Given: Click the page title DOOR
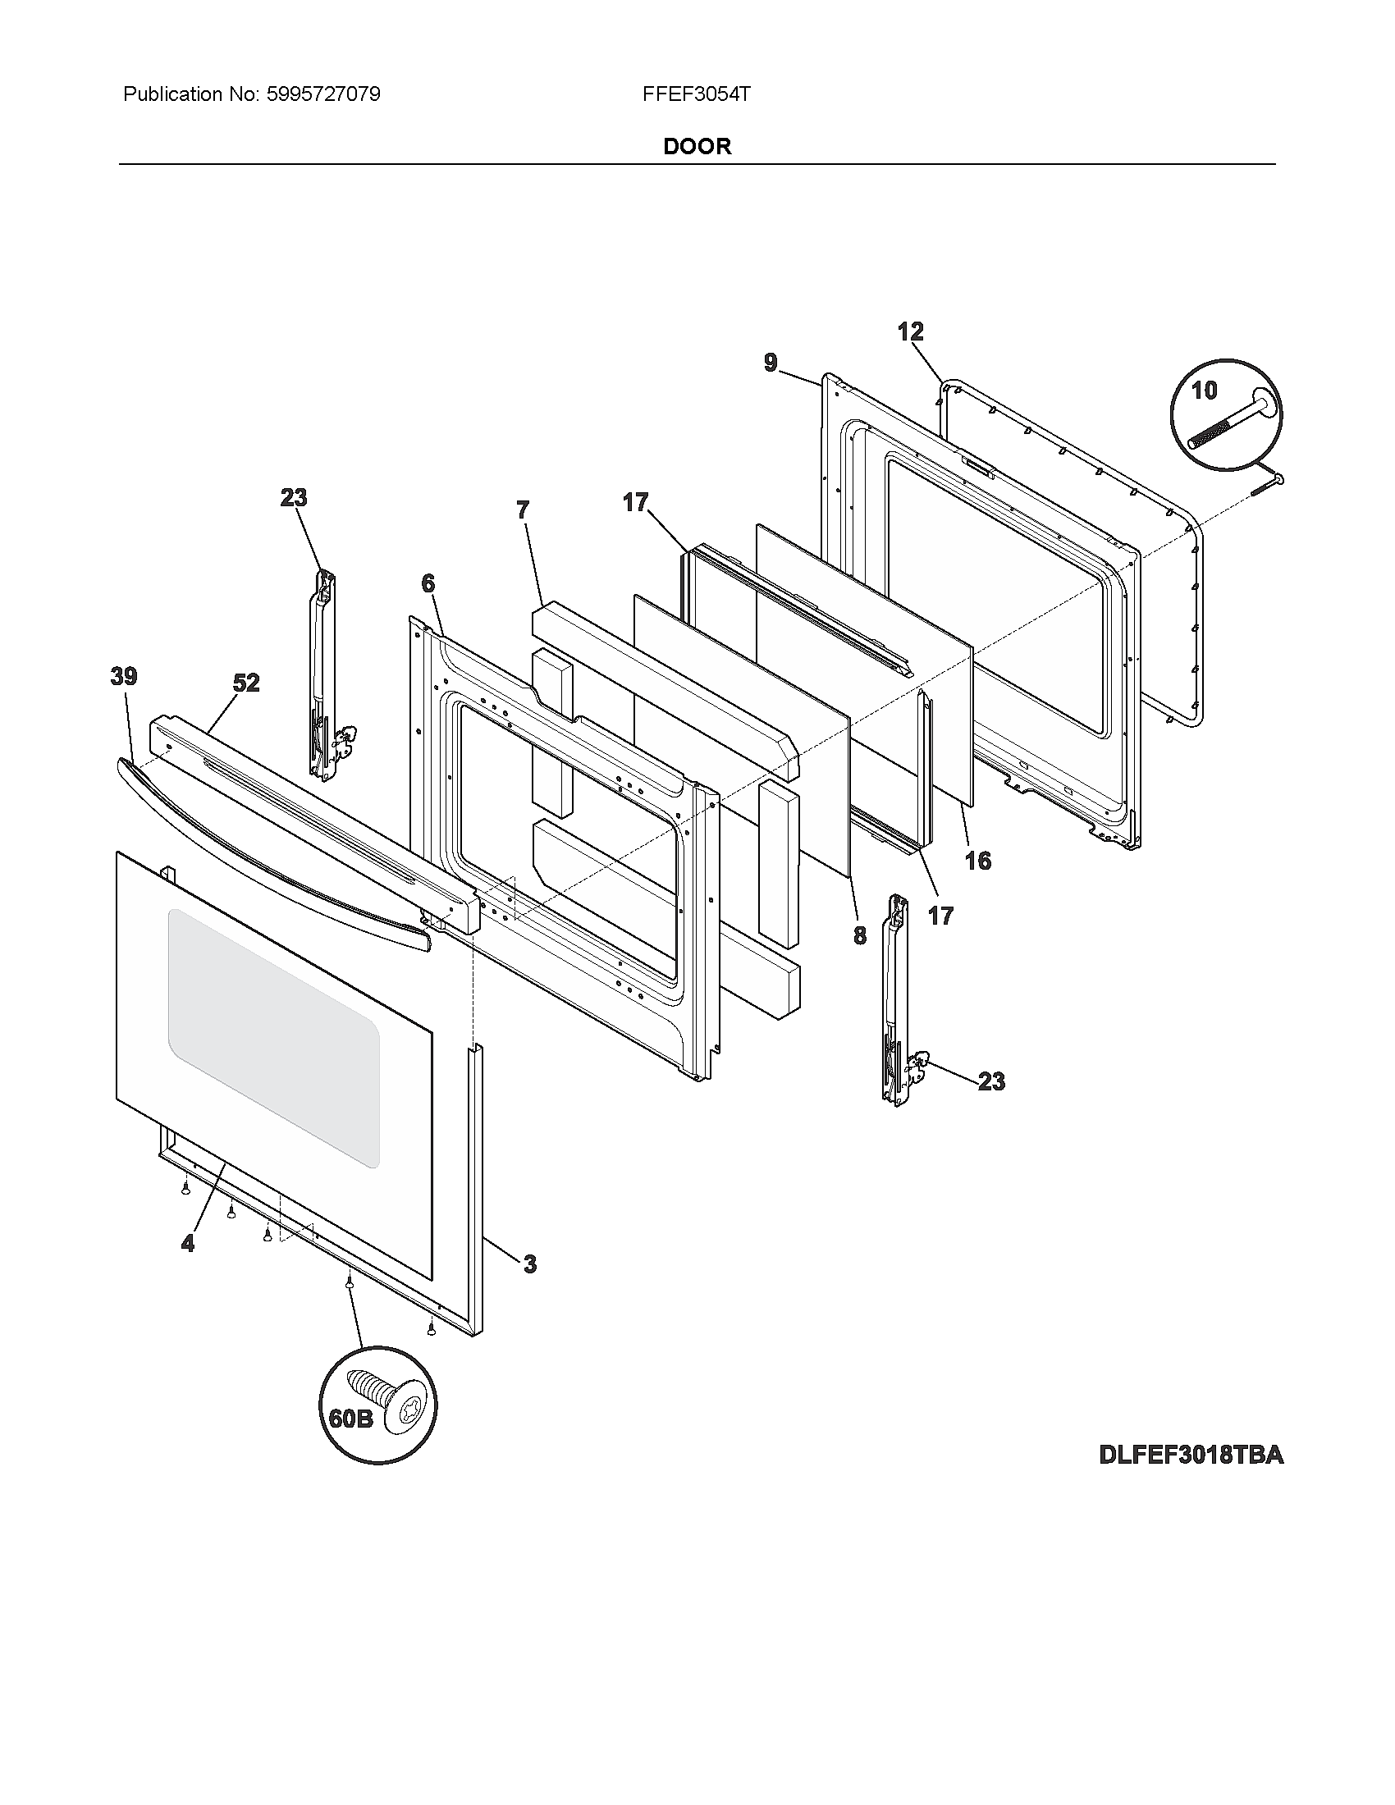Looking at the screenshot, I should tap(697, 146).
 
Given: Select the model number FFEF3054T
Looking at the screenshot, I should tap(696, 94).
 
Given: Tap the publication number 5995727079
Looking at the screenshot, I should tap(323, 94).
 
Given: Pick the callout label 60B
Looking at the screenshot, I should tap(350, 1419).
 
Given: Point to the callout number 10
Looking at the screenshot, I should tap(1204, 390).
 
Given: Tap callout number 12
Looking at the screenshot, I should tap(911, 331).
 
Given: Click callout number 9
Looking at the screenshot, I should tap(771, 362).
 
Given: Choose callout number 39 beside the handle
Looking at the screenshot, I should tap(124, 676).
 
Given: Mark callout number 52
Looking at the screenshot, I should tap(245, 683).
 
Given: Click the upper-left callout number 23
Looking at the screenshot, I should tap(294, 497).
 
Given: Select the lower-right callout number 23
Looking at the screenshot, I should tap(992, 1081).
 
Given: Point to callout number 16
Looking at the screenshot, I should tap(977, 861).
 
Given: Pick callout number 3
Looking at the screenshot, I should tap(530, 1263).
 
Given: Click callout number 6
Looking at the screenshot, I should tap(428, 583).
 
